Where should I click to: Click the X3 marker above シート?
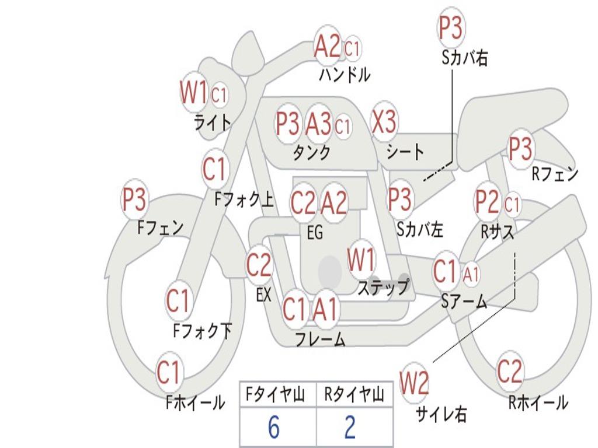click(x=384, y=121)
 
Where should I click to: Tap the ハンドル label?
click(x=345, y=75)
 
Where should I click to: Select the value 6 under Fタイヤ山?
click(x=274, y=427)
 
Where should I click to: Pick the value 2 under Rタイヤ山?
click(x=350, y=427)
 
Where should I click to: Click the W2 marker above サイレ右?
click(x=414, y=382)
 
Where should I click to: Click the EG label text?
click(x=315, y=232)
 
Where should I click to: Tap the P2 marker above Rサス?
click(x=488, y=201)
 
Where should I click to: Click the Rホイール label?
click(x=538, y=402)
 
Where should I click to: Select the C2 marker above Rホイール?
click(x=509, y=371)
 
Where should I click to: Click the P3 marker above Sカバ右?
click(x=451, y=27)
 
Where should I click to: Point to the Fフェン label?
click(x=160, y=228)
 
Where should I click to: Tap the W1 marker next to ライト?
click(x=194, y=92)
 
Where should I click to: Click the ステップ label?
click(x=383, y=287)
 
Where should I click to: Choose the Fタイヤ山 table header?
click(x=274, y=394)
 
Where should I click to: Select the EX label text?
click(x=264, y=295)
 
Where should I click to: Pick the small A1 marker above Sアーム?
click(x=471, y=274)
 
